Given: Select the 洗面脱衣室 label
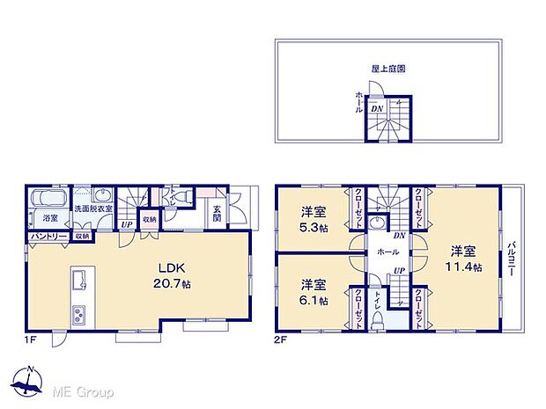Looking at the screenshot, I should point(93,208).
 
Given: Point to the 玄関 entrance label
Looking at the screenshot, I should point(217,214).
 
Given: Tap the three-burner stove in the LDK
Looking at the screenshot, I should point(77,314).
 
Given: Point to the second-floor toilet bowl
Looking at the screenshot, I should point(378,322).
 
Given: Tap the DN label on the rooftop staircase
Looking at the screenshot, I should point(376,108).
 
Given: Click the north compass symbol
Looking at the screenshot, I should point(31,382).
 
